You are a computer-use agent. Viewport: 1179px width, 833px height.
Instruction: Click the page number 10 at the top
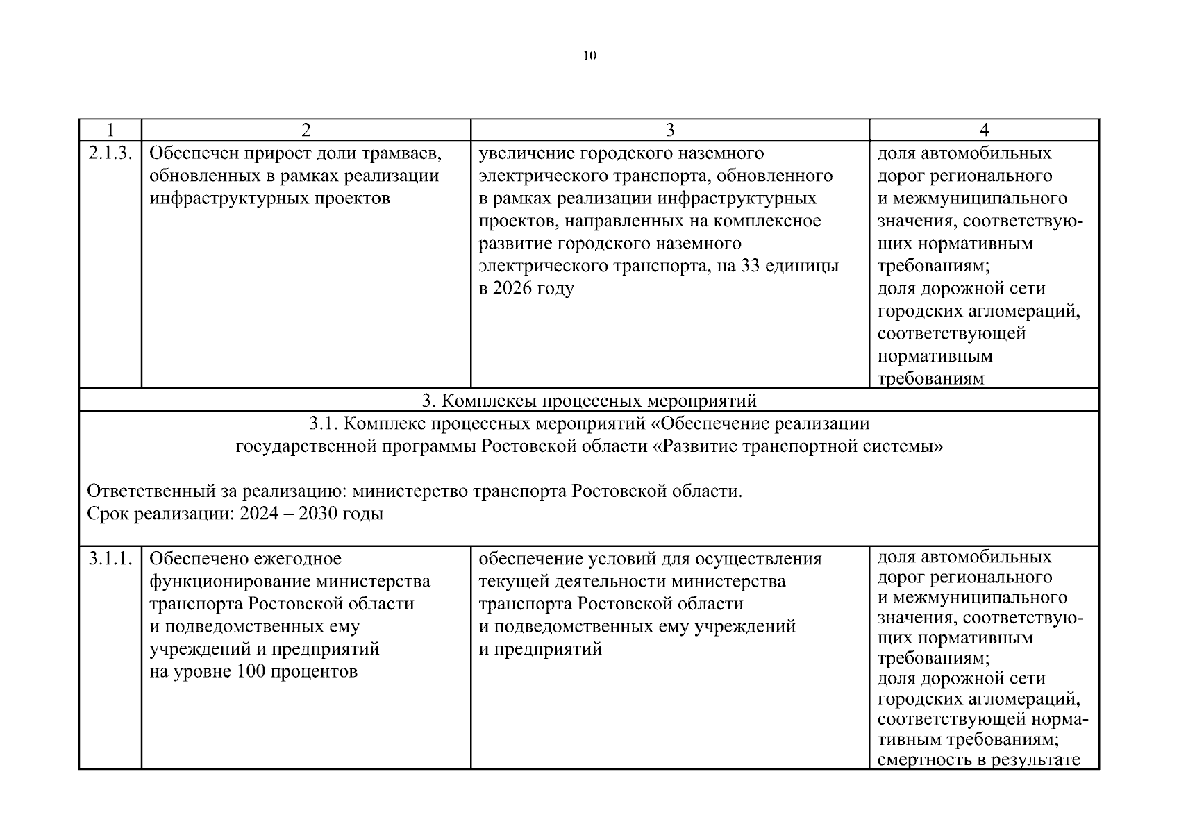589,56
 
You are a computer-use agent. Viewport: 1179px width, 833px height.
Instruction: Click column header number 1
110,130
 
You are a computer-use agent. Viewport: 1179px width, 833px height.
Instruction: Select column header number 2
306,130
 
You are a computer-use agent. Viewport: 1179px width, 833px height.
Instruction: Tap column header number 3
669,130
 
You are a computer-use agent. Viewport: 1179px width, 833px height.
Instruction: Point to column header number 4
983,130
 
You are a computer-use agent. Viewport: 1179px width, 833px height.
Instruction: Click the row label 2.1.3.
110,153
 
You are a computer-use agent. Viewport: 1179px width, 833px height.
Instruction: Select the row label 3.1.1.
110,559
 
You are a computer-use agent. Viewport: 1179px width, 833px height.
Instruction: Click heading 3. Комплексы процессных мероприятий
589,401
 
